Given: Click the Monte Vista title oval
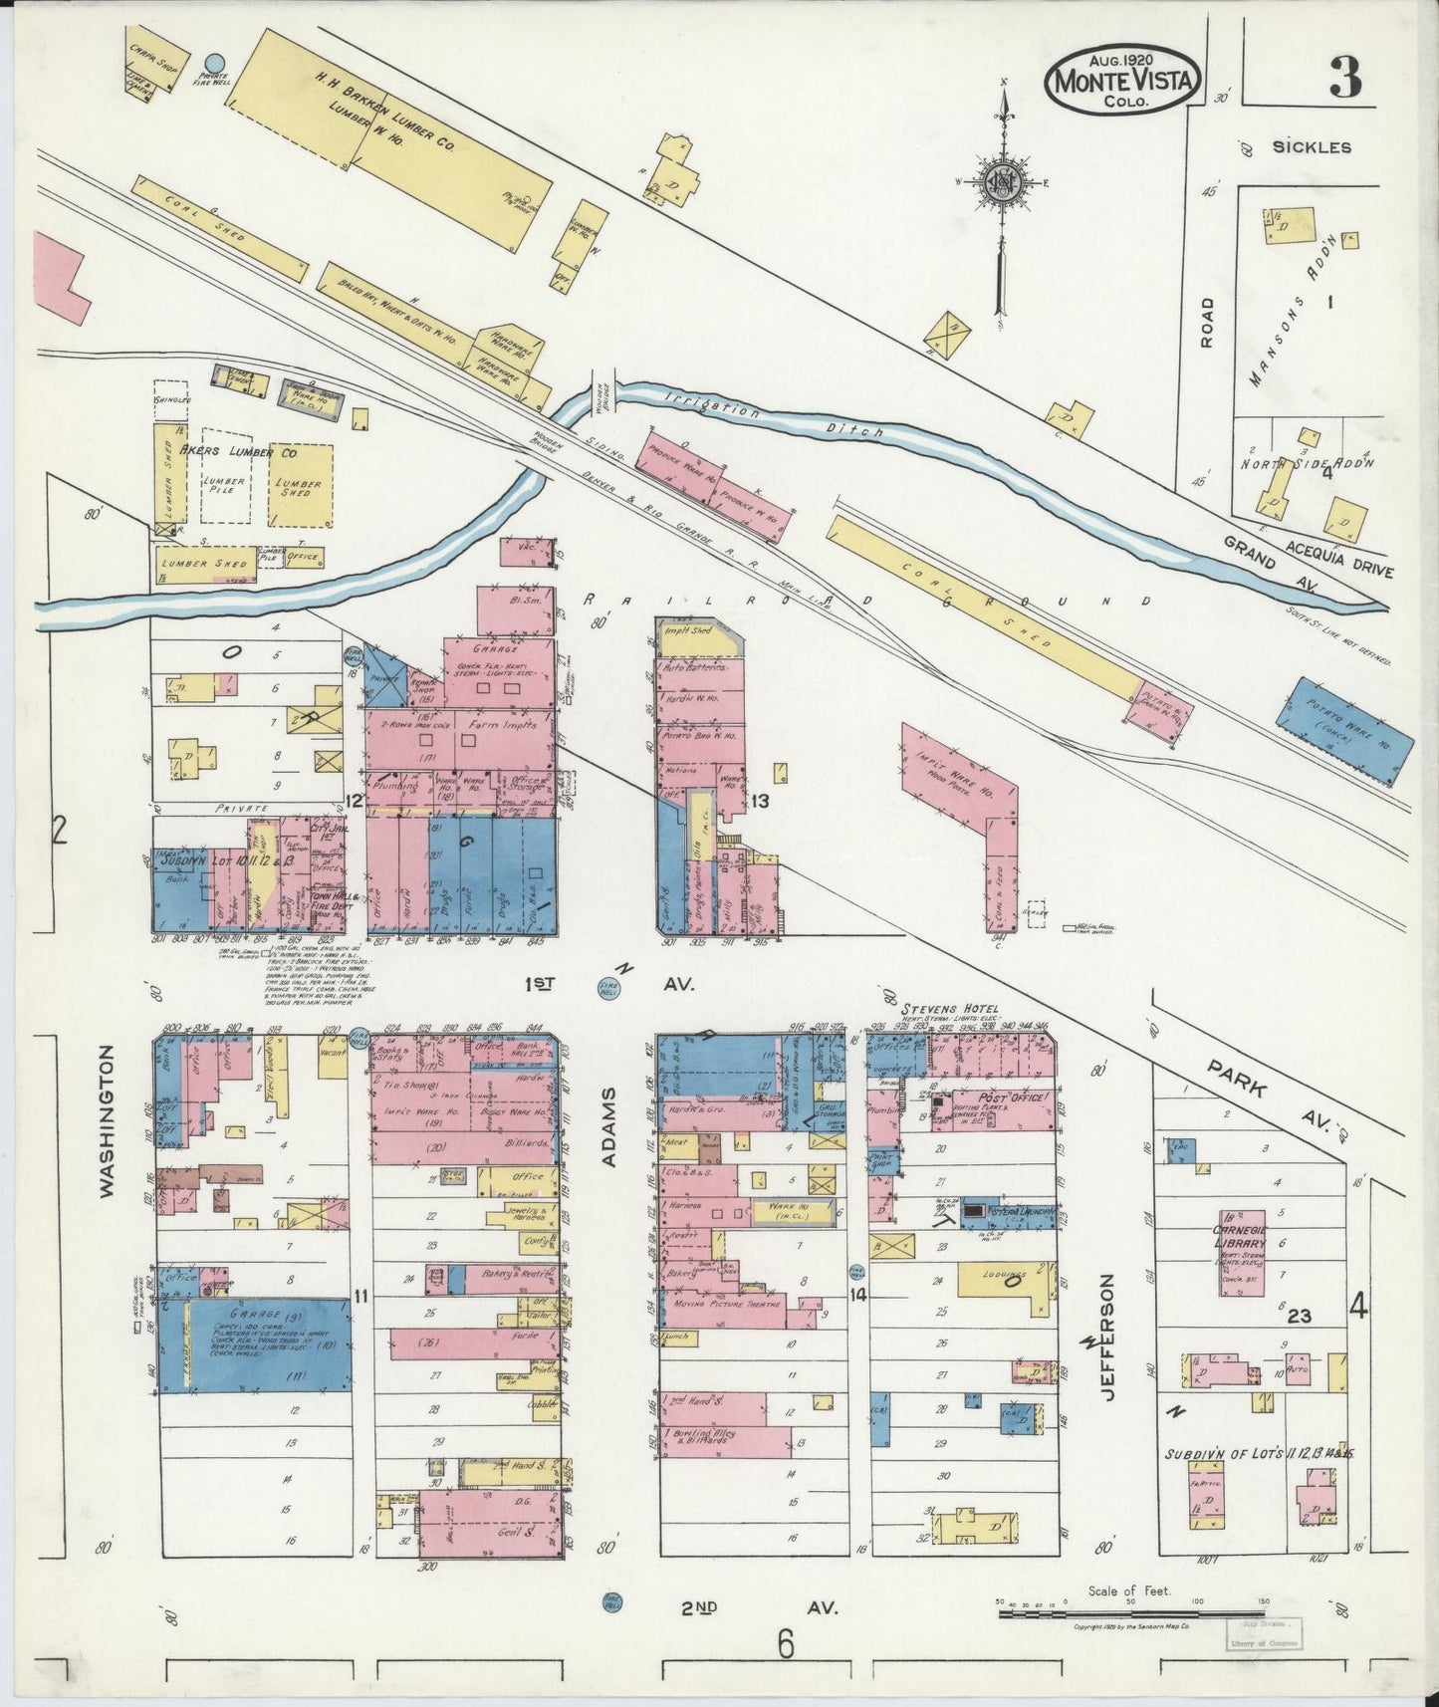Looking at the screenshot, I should point(1121,78).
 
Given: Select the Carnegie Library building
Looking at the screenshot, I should point(1243,1253).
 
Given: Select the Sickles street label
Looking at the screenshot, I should point(1311,147).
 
